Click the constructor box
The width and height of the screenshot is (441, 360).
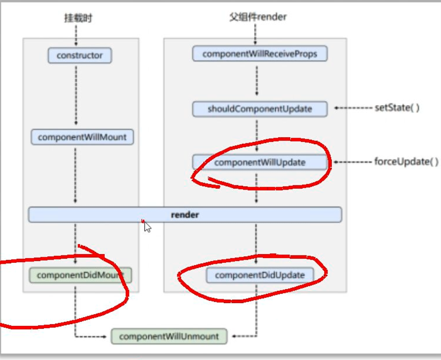point(79,56)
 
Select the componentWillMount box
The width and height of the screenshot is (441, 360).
point(82,137)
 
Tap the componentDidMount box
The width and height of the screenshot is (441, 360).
point(79,275)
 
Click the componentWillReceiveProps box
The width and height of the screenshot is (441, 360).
point(260,54)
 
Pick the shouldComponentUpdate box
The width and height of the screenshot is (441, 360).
point(260,109)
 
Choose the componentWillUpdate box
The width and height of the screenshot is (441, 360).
point(260,162)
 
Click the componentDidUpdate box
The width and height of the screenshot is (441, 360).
point(260,275)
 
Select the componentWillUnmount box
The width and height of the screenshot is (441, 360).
point(169,336)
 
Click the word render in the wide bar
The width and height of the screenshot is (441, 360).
point(185,215)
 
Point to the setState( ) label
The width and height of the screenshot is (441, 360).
point(397,108)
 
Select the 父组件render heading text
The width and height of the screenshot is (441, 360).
point(257,17)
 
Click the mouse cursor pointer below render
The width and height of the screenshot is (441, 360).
point(147,227)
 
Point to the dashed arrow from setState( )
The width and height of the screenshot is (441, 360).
point(353,108)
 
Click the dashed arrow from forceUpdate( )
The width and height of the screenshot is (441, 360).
point(353,162)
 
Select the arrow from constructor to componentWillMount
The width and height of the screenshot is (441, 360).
point(76,96)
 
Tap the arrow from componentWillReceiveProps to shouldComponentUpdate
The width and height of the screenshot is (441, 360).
point(256,81)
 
